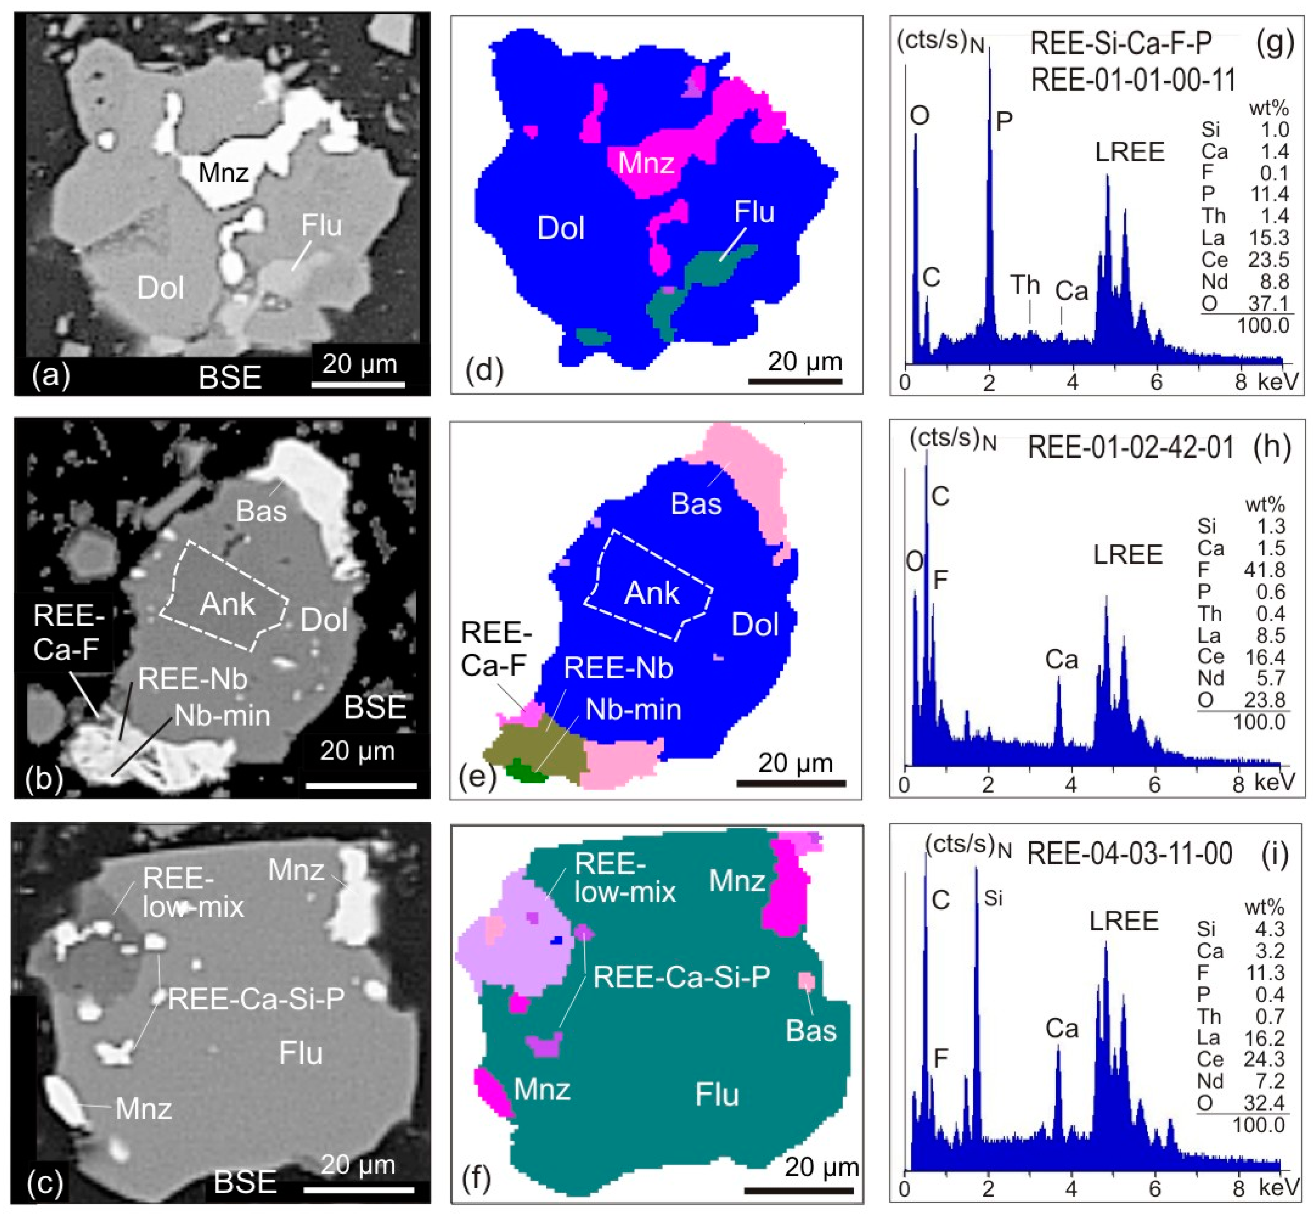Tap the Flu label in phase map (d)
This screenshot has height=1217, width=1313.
(754, 212)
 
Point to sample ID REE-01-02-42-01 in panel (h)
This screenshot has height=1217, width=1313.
(1130, 448)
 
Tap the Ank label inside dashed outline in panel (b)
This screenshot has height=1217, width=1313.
(227, 604)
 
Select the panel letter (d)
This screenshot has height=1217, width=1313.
(484, 371)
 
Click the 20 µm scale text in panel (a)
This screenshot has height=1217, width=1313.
(359, 364)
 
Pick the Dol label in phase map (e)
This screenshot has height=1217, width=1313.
(755, 624)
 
